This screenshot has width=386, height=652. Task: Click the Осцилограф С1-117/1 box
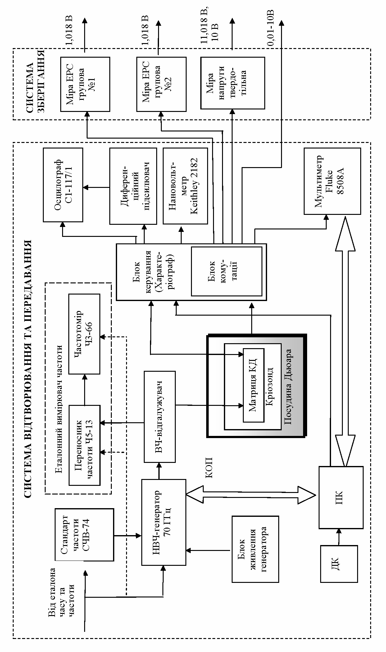coord(63,185)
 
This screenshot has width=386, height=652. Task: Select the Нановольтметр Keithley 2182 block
coord(185,186)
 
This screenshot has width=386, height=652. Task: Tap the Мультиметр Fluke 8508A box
coord(332,181)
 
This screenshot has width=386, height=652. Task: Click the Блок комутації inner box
coord(226,271)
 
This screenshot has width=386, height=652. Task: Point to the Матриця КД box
coord(253,385)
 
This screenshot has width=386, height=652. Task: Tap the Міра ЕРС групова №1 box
coord(85,84)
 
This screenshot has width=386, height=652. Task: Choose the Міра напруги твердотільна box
coord(233,83)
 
